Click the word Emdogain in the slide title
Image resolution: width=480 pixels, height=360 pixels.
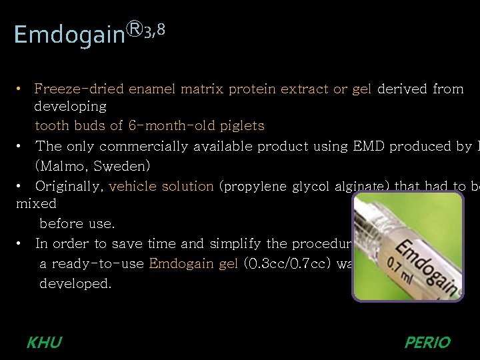[69, 34]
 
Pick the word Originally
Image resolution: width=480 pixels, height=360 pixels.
[67, 186]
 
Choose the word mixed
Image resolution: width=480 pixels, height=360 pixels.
[36, 203]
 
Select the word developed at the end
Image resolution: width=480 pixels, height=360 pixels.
[75, 283]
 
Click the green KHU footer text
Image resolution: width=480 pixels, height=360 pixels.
[44, 343]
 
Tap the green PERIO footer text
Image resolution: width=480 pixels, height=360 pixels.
[427, 343]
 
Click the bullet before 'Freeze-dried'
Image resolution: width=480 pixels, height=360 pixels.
[21, 89]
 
